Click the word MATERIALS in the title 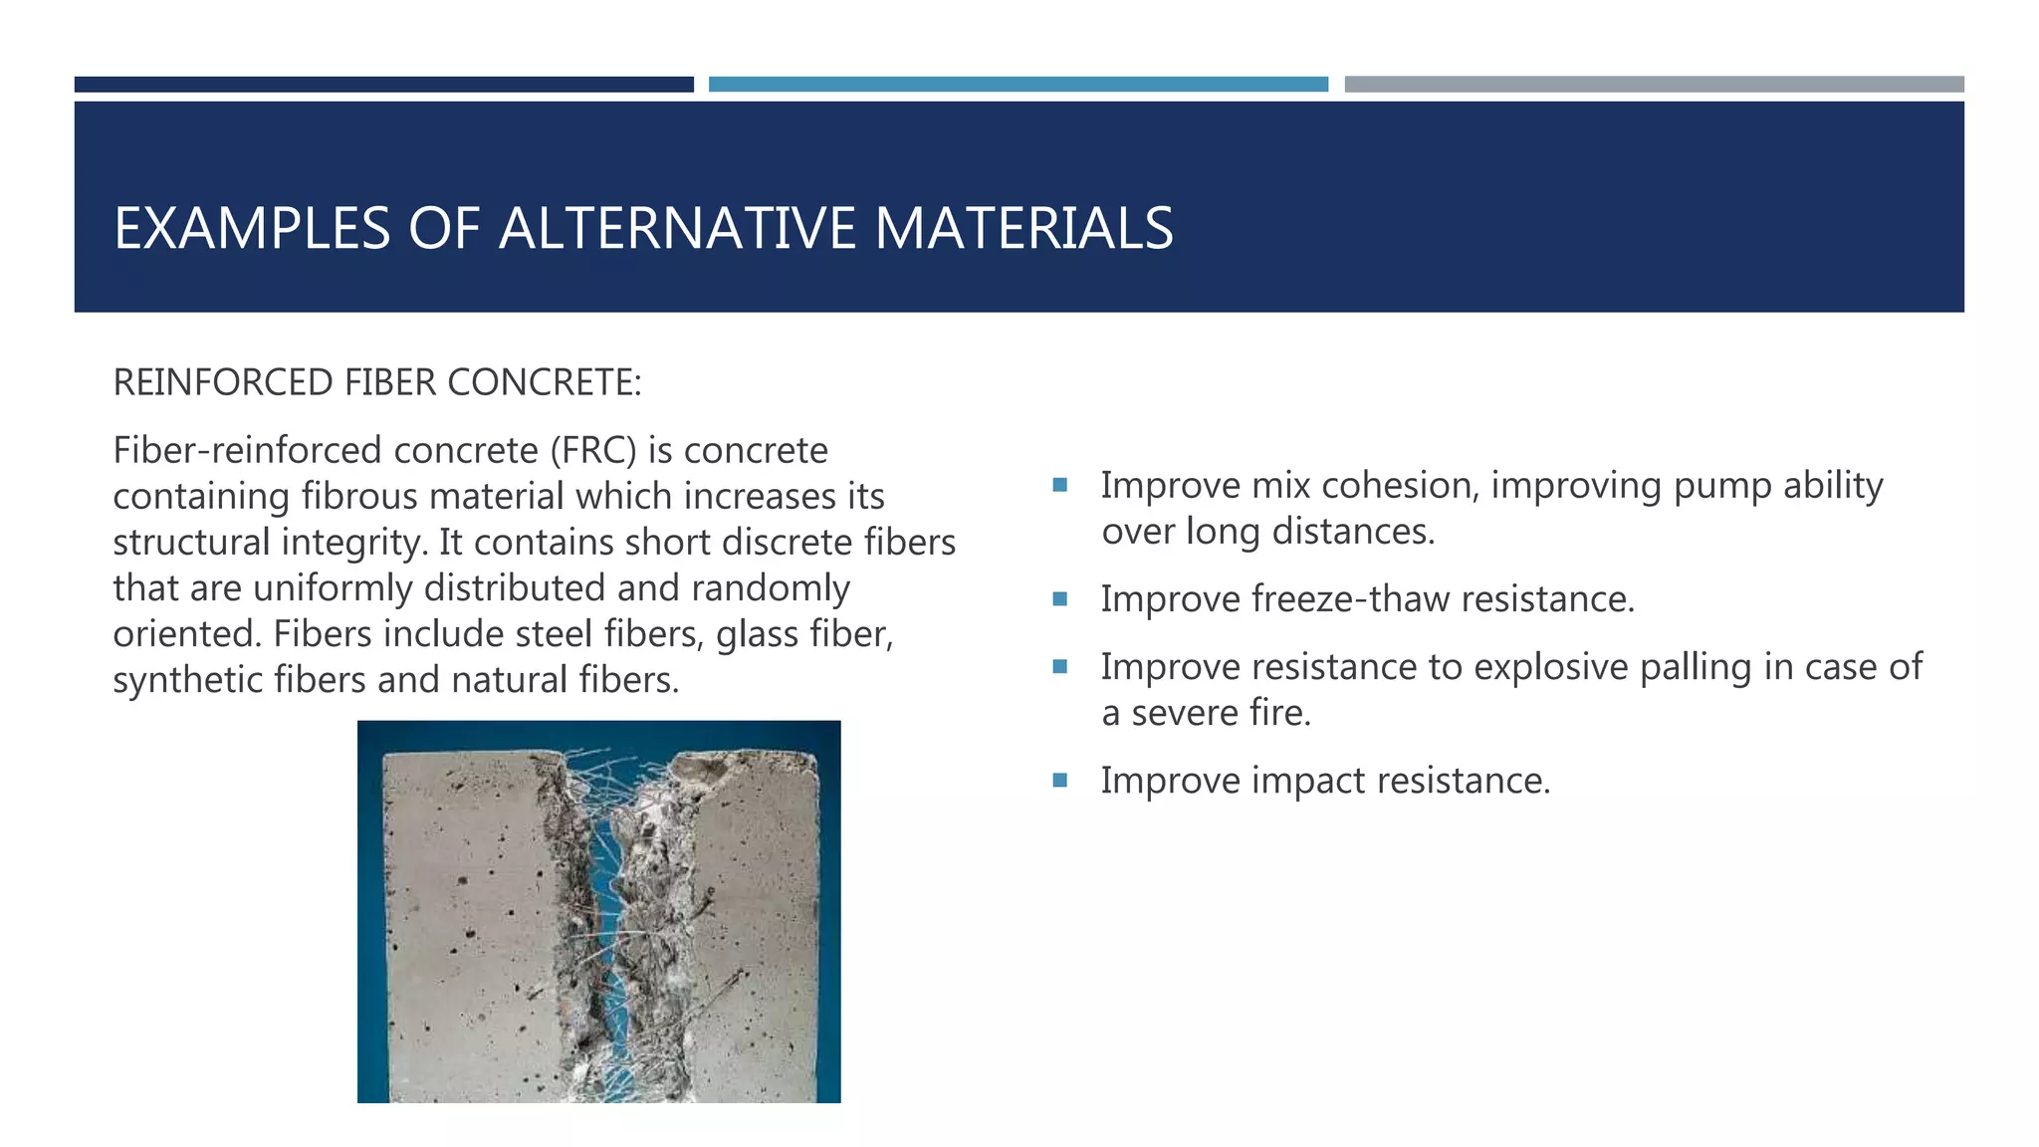(1023, 228)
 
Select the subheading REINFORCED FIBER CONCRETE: (377, 382)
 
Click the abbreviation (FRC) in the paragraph (593, 451)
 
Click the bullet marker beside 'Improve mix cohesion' (1059, 486)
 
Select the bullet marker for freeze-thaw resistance (1059, 599)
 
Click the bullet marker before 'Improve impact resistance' (1059, 781)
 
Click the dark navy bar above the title (383, 85)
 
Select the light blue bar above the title (1018, 85)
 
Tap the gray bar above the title (1654, 85)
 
